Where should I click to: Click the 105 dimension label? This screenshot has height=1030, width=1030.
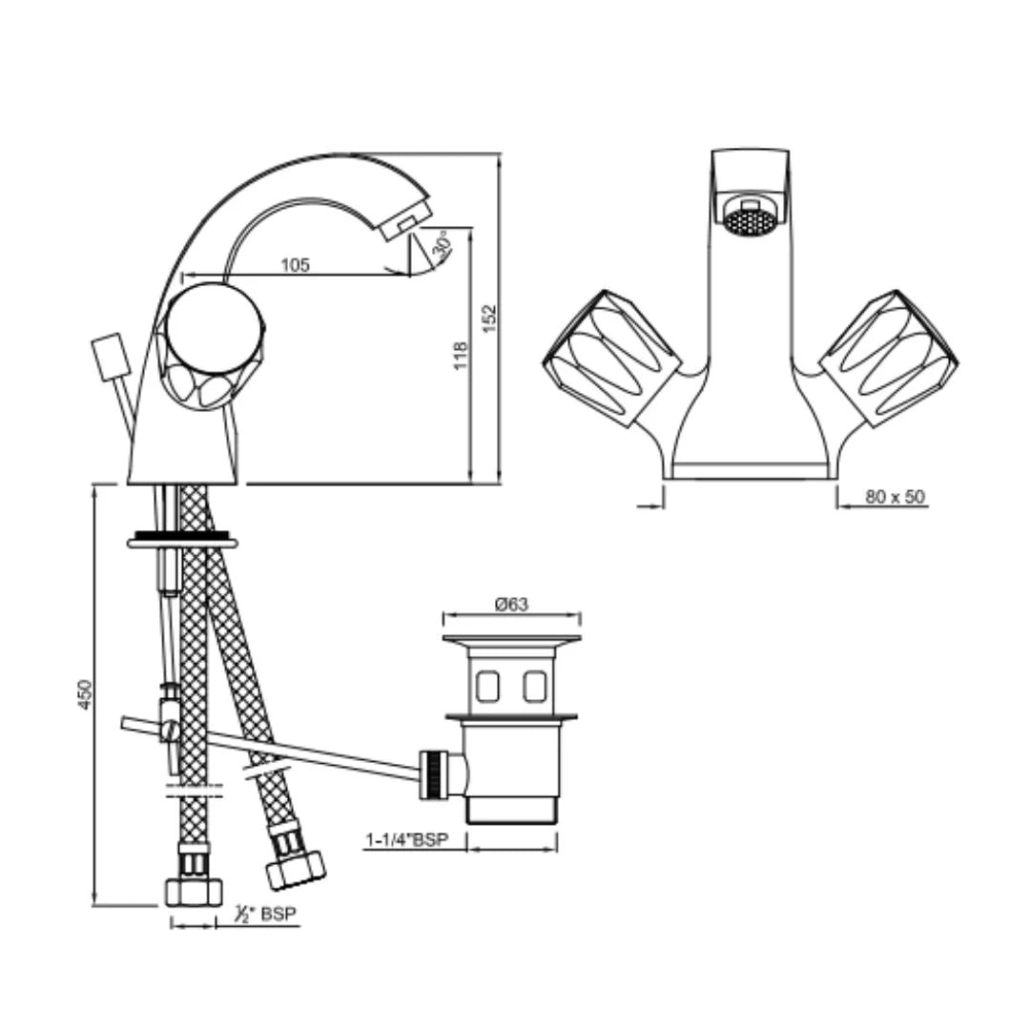pyautogui.click(x=296, y=266)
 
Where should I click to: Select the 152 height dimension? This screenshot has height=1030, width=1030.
pyautogui.click(x=489, y=319)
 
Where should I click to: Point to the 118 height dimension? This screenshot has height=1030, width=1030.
pyautogui.click(x=461, y=356)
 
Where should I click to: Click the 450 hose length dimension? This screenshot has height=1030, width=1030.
pyautogui.click(x=85, y=694)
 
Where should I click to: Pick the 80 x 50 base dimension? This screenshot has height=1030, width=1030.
pyautogui.click(x=895, y=497)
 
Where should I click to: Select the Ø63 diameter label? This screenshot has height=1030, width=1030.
pyautogui.click(x=511, y=604)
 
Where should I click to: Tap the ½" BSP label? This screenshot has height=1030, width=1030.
pyautogui.click(x=266, y=914)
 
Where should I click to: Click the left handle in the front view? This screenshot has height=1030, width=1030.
pyautogui.click(x=611, y=358)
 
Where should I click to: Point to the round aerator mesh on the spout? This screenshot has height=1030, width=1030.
pyautogui.click(x=749, y=222)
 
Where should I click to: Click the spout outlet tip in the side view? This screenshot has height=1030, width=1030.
pyautogui.click(x=405, y=222)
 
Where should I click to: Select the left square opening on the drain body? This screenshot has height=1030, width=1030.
pyautogui.click(x=487, y=684)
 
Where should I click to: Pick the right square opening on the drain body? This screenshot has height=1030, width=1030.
pyautogui.click(x=535, y=684)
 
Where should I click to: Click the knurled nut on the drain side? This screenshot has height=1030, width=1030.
pyautogui.click(x=434, y=772)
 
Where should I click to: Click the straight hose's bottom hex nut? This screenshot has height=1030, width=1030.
pyautogui.click(x=194, y=891)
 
